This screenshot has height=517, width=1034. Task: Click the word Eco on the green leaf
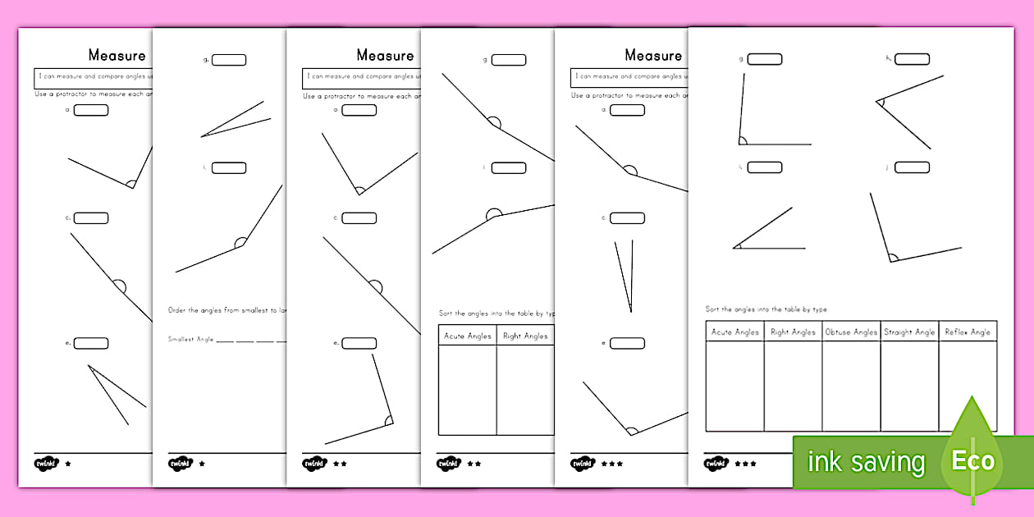pos(972,460)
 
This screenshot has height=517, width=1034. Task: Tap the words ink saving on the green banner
pos(866,462)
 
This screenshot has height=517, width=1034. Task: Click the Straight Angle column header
pos(909,332)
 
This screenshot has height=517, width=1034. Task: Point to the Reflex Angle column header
pos(968,332)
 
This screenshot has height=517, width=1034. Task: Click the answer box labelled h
pos(912,59)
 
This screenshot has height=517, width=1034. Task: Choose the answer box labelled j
pos(912,167)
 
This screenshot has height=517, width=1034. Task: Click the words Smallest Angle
pos(190,339)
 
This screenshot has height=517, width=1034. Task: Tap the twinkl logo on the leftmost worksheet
pos(46,464)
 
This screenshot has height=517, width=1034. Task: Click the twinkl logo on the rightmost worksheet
pos(716,464)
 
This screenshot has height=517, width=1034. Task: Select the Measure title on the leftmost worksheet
pos(117,56)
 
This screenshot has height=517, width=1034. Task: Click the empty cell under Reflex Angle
pos(968,386)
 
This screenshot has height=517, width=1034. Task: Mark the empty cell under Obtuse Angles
pos(851,386)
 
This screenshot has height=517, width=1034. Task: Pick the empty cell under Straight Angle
pos(909,386)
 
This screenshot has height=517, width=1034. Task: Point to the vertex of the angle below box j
pos(890,261)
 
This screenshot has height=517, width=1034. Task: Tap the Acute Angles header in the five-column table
pos(735,332)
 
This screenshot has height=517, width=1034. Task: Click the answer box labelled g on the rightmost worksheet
pos(765,59)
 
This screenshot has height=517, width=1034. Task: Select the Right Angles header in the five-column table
pos(793,332)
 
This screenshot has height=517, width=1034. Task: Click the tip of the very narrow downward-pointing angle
pos(630,312)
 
